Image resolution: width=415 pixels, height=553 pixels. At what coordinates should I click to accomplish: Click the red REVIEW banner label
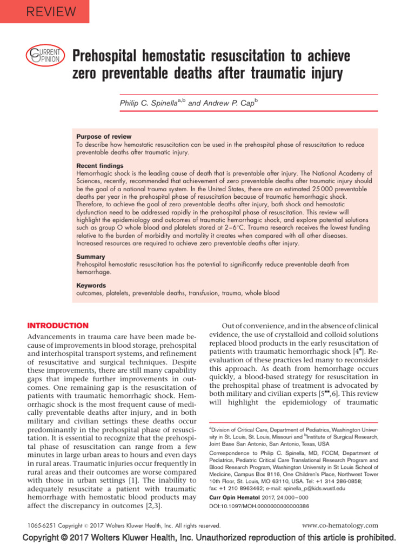click(44, 11)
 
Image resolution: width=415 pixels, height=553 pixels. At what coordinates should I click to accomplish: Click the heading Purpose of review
click(104, 137)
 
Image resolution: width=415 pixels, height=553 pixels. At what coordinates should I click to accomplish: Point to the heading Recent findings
click(100, 165)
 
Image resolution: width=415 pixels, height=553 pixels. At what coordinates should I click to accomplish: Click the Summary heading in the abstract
click(91, 257)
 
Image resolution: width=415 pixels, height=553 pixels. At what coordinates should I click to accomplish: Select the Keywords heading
click(91, 285)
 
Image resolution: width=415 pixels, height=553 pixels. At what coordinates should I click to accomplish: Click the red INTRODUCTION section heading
click(58, 326)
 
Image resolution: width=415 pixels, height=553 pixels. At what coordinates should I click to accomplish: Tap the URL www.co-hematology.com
click(340, 525)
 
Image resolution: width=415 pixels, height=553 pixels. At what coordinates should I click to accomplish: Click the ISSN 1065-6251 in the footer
click(41, 525)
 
